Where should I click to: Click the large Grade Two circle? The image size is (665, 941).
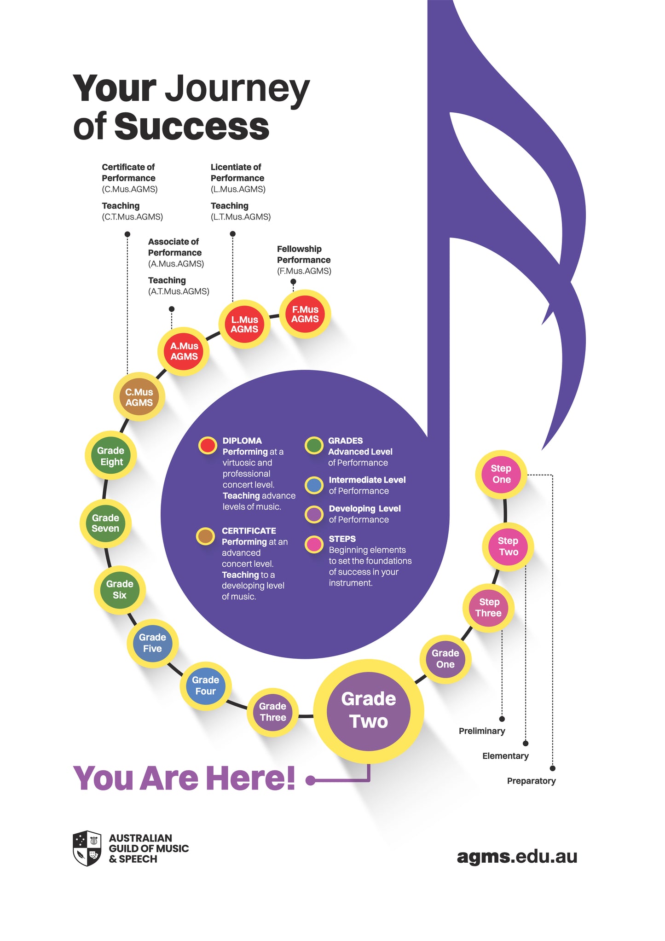(368, 710)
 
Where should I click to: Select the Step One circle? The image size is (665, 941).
(501, 474)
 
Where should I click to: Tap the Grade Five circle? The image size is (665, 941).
(152, 643)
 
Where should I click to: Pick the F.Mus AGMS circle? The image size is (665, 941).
(305, 314)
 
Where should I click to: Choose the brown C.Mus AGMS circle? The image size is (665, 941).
(139, 397)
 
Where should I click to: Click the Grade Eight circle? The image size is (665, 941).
(110, 456)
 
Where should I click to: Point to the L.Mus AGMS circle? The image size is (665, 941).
(244, 324)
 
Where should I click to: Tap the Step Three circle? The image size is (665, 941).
(488, 608)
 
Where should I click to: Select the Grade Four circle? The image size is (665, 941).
(205, 685)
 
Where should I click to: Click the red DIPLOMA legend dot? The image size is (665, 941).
(208, 445)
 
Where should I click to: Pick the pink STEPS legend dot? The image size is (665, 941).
(314, 544)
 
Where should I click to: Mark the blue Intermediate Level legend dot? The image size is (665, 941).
(314, 485)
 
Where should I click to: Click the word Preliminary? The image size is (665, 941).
(481, 731)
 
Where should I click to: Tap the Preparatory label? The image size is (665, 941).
(531, 781)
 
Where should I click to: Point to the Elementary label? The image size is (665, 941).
(505, 756)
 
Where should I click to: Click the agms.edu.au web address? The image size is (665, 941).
(517, 856)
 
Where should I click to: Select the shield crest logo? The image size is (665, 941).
(87, 848)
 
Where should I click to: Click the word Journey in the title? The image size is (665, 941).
(237, 89)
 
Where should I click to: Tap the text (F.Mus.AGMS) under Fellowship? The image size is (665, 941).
(304, 271)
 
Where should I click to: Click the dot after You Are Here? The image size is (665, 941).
(311, 780)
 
